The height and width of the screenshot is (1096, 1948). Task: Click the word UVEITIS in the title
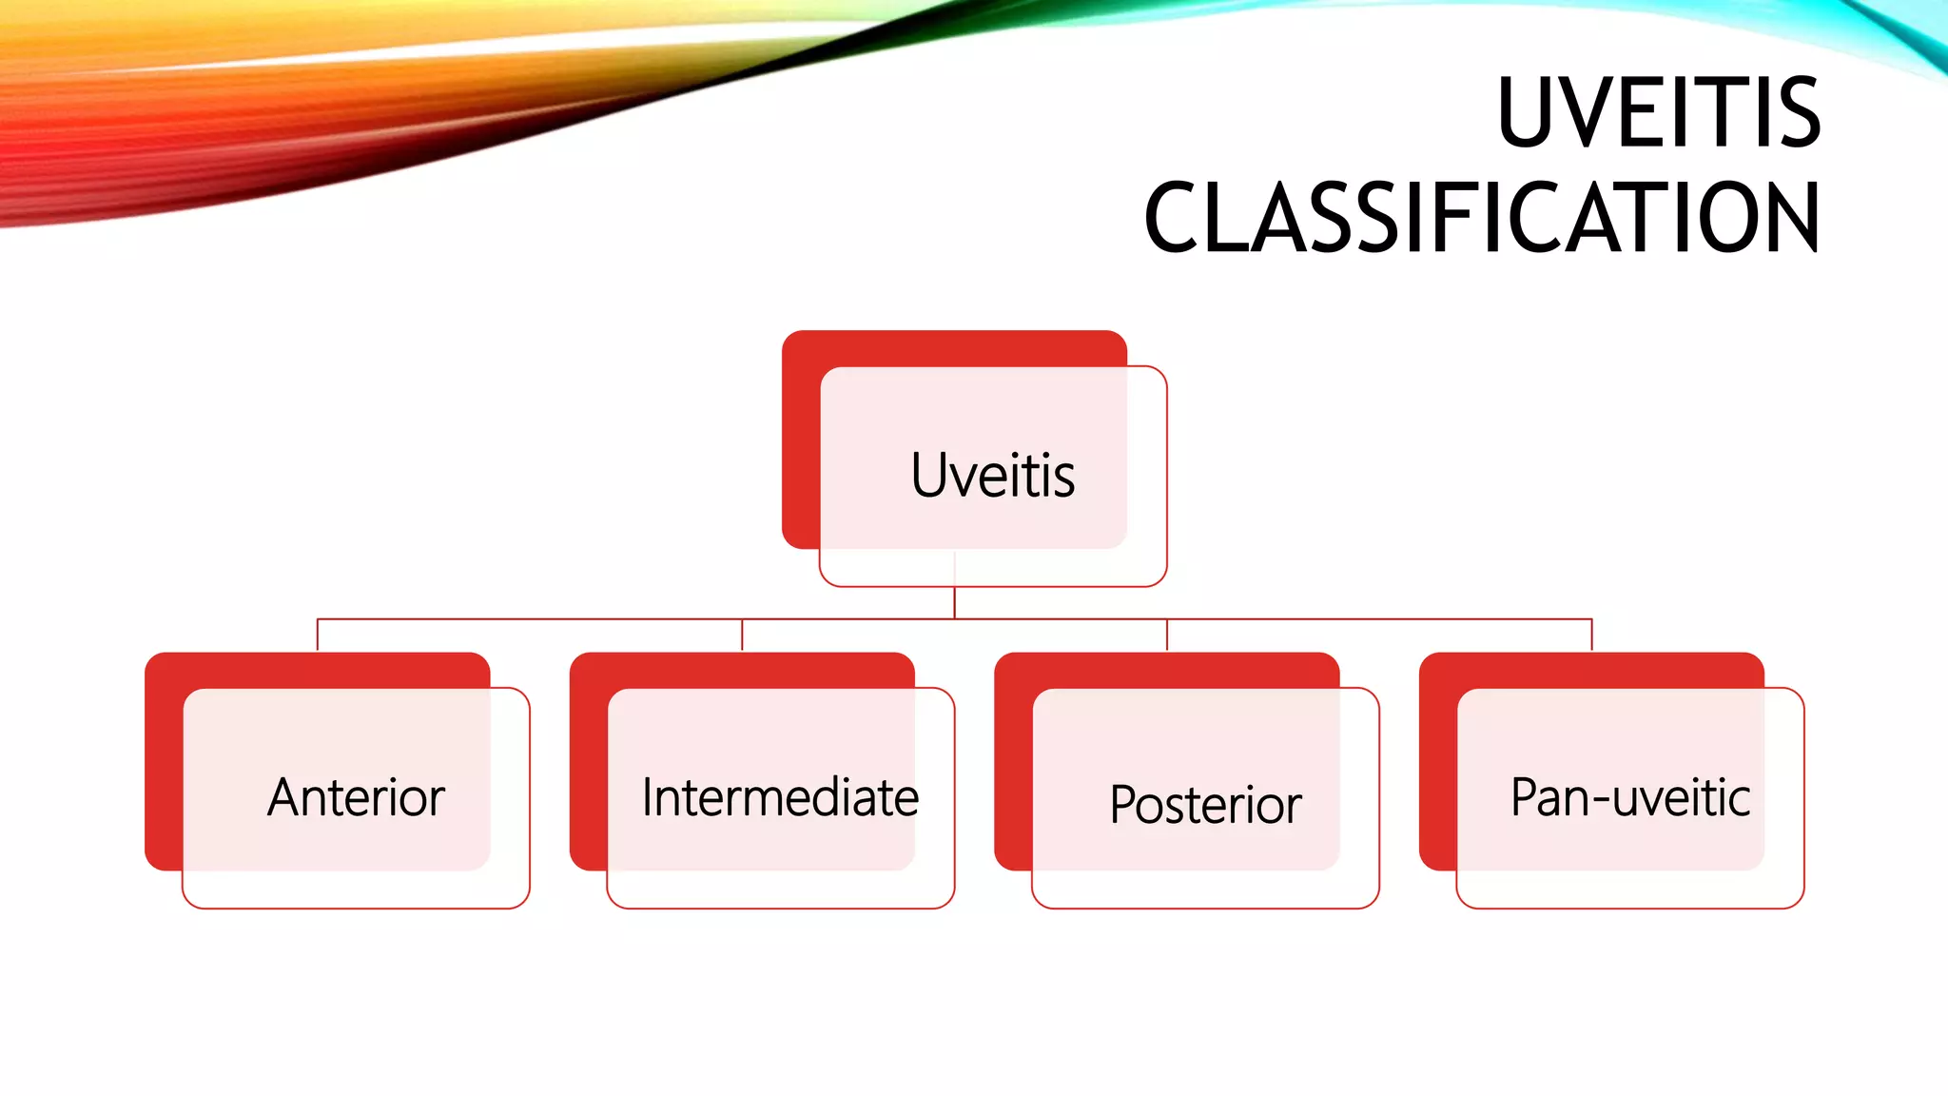pos(1658,113)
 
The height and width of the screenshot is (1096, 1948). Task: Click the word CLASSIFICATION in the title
pos(1482,218)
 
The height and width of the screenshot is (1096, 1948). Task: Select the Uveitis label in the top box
pos(992,475)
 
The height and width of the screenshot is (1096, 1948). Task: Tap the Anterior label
pos(356,797)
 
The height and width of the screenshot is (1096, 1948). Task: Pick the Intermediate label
pos(780,797)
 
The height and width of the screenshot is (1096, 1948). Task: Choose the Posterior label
pos(1205,805)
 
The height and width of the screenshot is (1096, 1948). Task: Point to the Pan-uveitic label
pos(1629,797)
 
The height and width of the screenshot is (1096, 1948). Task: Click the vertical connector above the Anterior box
pos(318,636)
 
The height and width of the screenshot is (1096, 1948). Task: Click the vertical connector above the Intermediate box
pos(742,636)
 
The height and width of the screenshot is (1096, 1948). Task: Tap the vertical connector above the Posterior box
pos(1167,636)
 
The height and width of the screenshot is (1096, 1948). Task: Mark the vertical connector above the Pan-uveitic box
pos(1591,636)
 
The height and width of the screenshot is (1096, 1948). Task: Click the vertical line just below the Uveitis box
pos(954,602)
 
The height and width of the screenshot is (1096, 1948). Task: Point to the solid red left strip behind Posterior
pos(1013,780)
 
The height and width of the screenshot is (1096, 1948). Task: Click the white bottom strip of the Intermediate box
pos(780,889)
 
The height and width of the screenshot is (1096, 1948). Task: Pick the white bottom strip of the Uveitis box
pos(992,567)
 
